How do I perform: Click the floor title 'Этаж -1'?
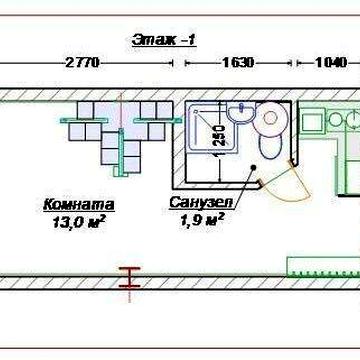[x=164, y=40]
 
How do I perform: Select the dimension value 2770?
[x=82, y=62]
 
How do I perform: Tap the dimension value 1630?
[x=238, y=62]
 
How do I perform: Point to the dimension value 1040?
[x=331, y=62]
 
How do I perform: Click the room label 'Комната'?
[x=79, y=205]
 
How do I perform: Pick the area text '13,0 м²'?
[x=79, y=222]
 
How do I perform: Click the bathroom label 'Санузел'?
[x=202, y=203]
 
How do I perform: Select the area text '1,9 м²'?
[x=202, y=219]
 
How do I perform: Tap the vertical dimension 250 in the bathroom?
[x=219, y=135]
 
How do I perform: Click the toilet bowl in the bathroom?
[x=270, y=146]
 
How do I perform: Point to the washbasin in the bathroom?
[x=241, y=113]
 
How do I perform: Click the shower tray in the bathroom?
[x=212, y=127]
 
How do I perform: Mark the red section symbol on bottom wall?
[x=130, y=277]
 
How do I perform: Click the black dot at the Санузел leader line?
[x=253, y=167]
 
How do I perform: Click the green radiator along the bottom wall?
[x=323, y=267]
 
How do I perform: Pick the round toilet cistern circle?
[x=270, y=117]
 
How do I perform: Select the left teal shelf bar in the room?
[x=84, y=121]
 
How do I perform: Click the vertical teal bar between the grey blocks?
[x=122, y=152]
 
